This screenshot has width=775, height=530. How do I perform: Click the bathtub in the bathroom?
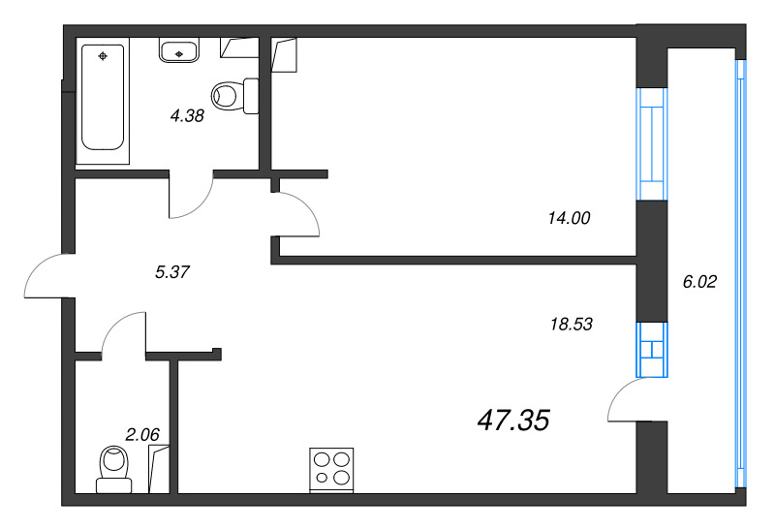[104, 97]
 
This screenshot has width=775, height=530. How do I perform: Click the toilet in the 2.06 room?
[114, 467]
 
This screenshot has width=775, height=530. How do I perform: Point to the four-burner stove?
[331, 468]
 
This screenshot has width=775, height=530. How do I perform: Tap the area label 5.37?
[171, 272]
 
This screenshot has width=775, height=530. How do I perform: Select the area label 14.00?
[568, 219]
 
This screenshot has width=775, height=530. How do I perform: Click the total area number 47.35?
[513, 420]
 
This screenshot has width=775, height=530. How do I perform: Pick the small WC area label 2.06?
[141, 434]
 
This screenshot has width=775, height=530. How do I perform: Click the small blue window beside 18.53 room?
[651, 349]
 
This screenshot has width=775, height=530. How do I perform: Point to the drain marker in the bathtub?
[104, 54]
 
